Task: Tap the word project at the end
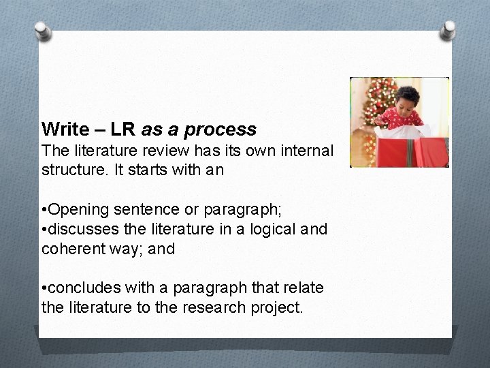click(278, 308)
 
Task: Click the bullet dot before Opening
click(44, 208)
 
